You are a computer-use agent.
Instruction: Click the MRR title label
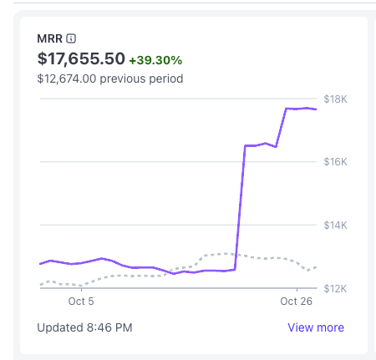(x=49, y=38)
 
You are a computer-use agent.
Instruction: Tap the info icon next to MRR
(x=71, y=38)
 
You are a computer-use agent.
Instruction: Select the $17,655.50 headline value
(x=81, y=58)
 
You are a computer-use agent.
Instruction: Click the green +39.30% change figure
(x=155, y=60)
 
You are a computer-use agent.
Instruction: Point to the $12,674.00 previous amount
(x=67, y=79)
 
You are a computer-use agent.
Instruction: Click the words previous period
(x=141, y=79)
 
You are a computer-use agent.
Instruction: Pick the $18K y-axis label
(x=335, y=99)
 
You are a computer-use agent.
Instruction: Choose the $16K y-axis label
(x=335, y=162)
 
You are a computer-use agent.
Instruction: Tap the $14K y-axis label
(x=335, y=225)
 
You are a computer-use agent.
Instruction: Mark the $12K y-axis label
(x=335, y=289)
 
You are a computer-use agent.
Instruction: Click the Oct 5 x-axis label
(x=81, y=302)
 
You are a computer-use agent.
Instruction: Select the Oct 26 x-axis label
(x=297, y=302)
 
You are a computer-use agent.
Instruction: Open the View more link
(x=316, y=327)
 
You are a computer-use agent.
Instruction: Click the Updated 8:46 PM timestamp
(x=84, y=327)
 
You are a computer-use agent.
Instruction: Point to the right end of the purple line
(x=316, y=109)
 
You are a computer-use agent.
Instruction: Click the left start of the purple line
(x=40, y=264)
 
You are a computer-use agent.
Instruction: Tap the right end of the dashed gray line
(x=316, y=267)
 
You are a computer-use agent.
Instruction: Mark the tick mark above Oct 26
(x=297, y=290)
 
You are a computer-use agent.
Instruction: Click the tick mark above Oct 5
(x=81, y=290)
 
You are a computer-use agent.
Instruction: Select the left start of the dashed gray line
(x=41, y=285)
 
